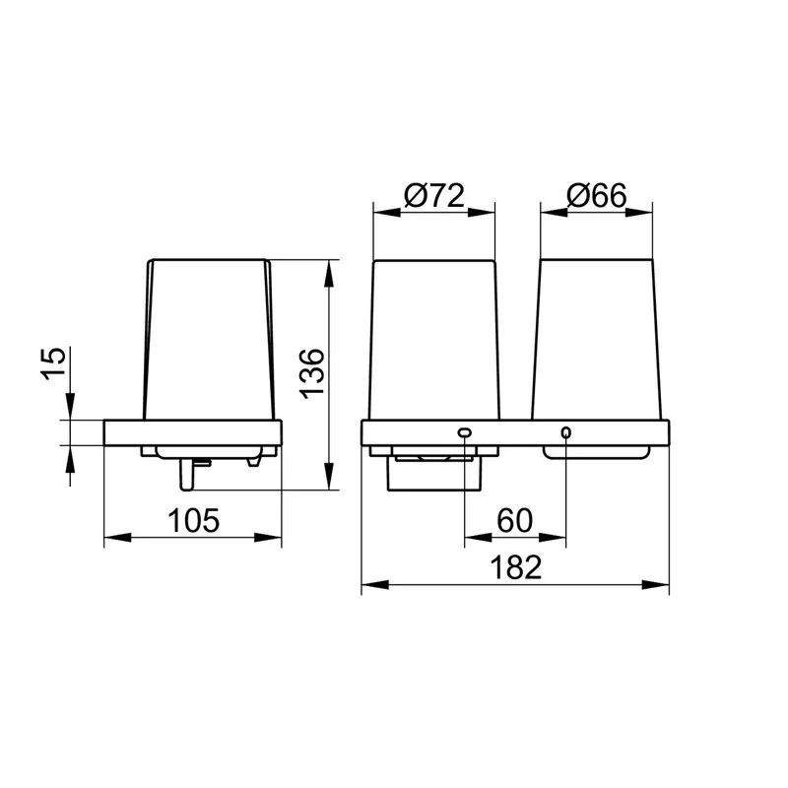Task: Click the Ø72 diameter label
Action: [x=434, y=195]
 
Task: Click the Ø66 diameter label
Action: [x=597, y=195]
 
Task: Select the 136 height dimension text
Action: [x=312, y=373]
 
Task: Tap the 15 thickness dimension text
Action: [x=53, y=363]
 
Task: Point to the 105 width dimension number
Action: [x=193, y=521]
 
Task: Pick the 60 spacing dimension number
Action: [x=514, y=521]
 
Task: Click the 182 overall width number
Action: [x=515, y=567]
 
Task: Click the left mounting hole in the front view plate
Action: [x=464, y=432]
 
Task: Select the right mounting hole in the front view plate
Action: [x=565, y=432]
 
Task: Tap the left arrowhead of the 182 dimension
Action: [x=375, y=585]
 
